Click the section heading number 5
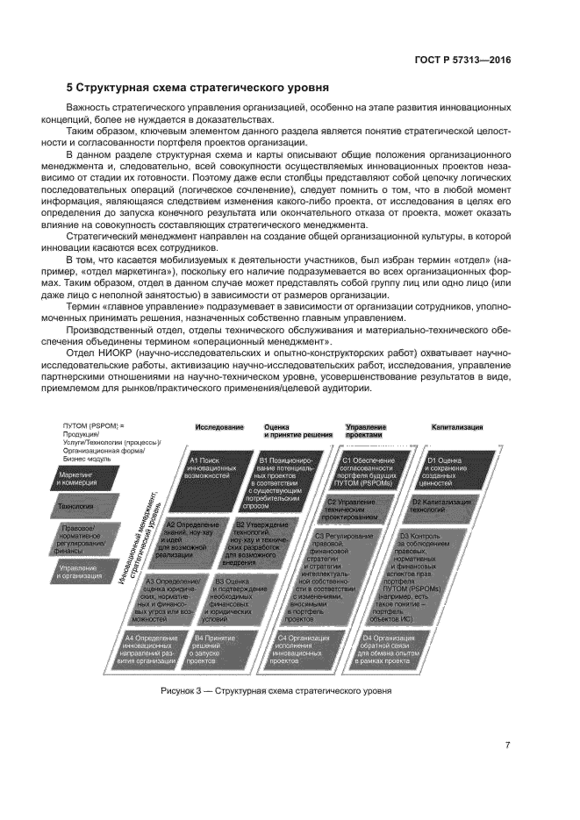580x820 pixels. click(x=70, y=88)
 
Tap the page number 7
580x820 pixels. click(x=506, y=746)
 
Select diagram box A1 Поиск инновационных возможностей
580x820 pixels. click(x=213, y=470)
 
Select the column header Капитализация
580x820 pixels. click(x=456, y=427)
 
